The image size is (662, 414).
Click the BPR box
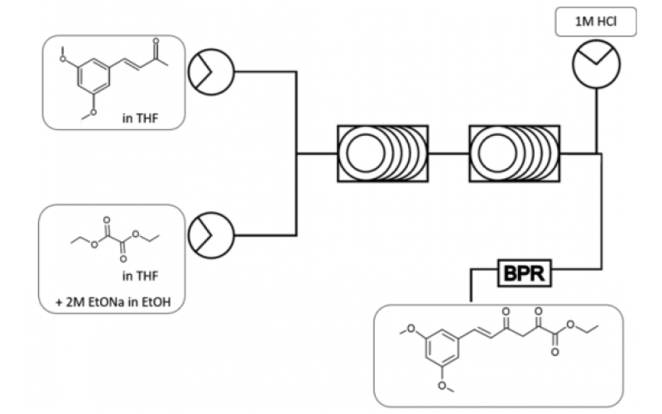pyautogui.click(x=525, y=273)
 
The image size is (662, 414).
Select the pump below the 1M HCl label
pyautogui.click(x=597, y=63)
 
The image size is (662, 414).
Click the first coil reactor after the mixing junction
pyautogui.click(x=382, y=153)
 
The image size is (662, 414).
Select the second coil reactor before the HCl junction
pyautogui.click(x=514, y=153)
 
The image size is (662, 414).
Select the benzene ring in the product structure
pyautogui.click(x=448, y=347)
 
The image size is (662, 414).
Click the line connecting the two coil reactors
pyautogui.click(x=449, y=153)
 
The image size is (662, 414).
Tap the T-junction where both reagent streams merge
pyautogui.click(x=297, y=153)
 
